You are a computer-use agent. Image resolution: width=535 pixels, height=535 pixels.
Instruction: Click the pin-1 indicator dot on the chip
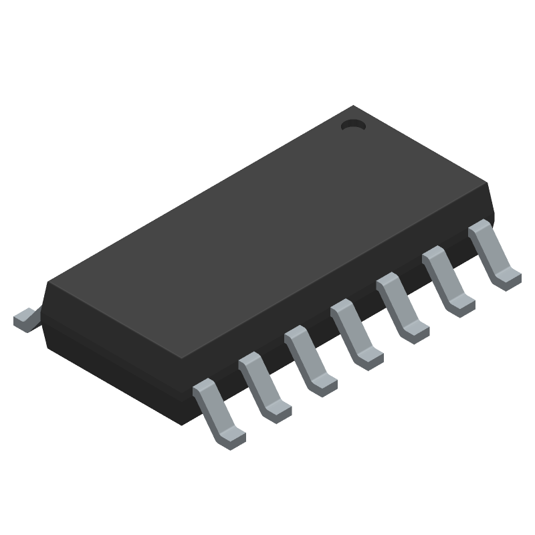coord(352,124)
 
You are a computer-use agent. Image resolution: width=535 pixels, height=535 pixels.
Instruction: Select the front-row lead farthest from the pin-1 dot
coord(217,412)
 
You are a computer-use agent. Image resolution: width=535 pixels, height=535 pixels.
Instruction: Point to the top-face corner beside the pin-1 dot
coord(353,106)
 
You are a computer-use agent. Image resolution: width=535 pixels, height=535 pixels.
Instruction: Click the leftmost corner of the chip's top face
coord(48,284)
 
